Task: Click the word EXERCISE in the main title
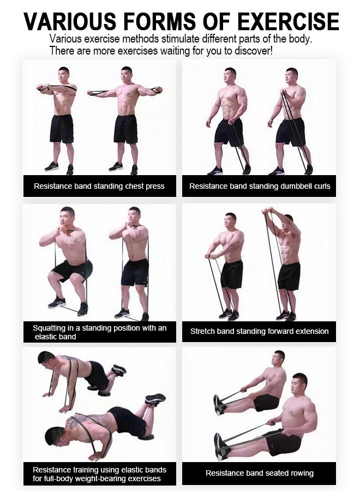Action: [288, 22]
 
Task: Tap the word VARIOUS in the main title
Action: [70, 22]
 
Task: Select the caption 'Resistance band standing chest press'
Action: [99, 186]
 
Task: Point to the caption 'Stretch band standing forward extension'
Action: [259, 331]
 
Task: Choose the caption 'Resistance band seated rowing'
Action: [260, 473]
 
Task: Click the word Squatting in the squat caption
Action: [49, 328]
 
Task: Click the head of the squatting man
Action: [67, 217]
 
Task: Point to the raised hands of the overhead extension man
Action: [268, 211]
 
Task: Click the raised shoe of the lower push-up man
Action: [155, 399]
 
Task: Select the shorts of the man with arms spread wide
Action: [125, 129]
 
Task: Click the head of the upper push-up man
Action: [46, 360]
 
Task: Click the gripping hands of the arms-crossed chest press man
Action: [43, 87]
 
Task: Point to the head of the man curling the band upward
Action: [292, 76]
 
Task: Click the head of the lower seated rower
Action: [299, 384]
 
